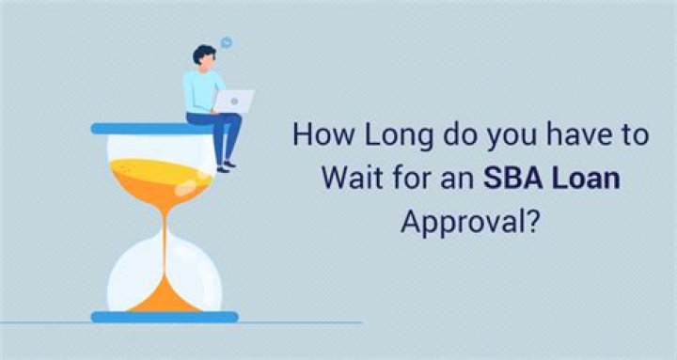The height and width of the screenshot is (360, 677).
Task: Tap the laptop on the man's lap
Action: [234, 101]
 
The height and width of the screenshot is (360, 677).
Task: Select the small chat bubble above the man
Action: [227, 42]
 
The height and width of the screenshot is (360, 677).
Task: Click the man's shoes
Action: [226, 166]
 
